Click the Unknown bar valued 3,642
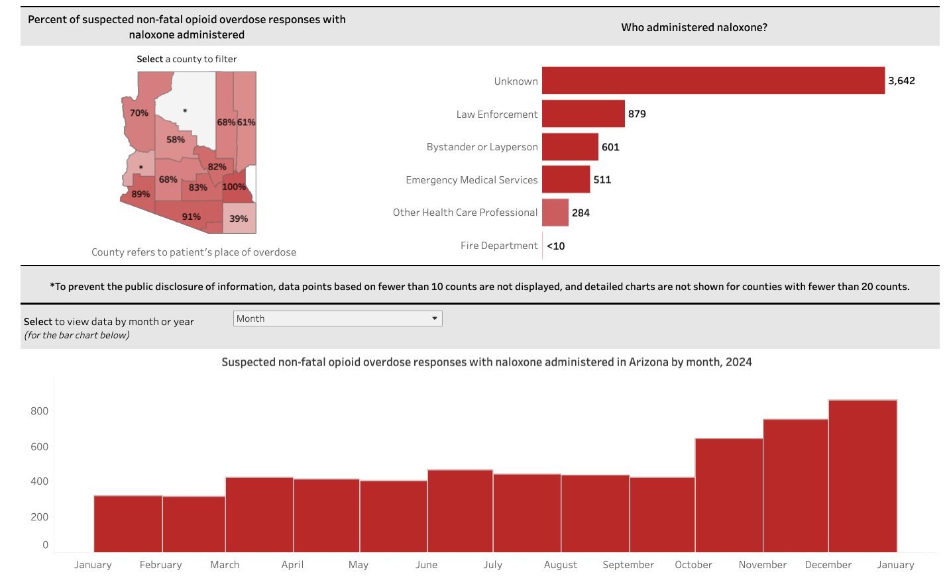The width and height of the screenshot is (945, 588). click(x=713, y=80)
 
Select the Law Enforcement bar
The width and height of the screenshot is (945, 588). click(x=583, y=113)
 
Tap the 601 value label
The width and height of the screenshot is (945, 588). click(x=610, y=147)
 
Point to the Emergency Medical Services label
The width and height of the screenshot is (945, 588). click(x=471, y=179)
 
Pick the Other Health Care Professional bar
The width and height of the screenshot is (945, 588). click(x=555, y=213)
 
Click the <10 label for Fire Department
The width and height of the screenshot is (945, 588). click(x=556, y=246)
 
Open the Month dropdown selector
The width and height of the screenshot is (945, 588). click(x=338, y=318)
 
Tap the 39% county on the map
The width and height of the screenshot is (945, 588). click(x=239, y=219)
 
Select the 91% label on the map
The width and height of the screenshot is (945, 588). click(x=192, y=217)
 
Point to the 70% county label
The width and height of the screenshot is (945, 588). click(x=139, y=113)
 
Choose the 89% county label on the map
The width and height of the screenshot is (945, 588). click(x=140, y=194)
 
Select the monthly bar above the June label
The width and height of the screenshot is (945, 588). click(x=460, y=511)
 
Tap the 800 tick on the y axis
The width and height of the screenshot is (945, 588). click(x=40, y=411)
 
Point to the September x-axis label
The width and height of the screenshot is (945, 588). click(x=628, y=565)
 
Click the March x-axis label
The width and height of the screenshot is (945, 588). click(x=225, y=565)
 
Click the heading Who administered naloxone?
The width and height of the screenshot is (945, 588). click(x=694, y=27)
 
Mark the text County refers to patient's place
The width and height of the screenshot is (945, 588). click(x=194, y=252)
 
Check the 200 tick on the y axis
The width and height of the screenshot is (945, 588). click(x=40, y=517)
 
